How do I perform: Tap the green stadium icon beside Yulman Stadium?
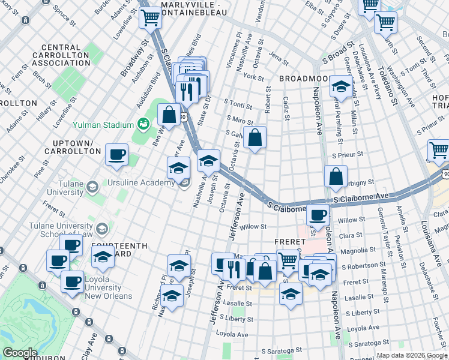point(143,124)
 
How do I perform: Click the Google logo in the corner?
point(20,353)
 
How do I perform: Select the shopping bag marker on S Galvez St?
point(255,137)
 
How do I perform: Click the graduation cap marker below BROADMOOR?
point(340,88)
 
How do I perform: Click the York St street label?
point(254,77)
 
